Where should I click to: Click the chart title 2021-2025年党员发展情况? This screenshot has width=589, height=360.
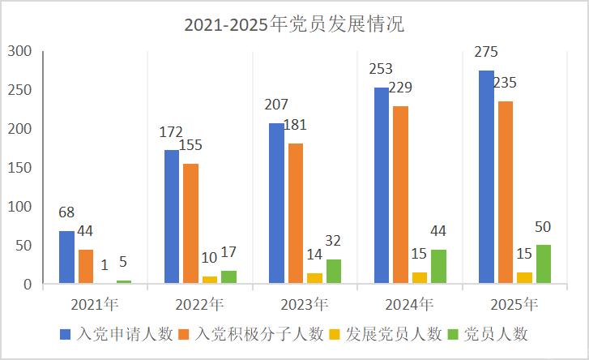294,24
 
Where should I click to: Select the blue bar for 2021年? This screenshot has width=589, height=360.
66,258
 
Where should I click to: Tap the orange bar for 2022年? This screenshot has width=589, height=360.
190,224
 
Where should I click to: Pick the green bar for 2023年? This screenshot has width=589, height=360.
334,272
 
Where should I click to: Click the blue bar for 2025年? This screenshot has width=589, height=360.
486,178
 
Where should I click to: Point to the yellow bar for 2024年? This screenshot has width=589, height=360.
420,278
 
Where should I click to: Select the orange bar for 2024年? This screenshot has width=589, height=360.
400,195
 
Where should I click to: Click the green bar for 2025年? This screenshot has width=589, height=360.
544,264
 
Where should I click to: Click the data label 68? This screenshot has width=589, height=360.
66,213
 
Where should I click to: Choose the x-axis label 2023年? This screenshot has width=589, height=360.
305,305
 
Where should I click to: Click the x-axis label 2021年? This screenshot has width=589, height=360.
95,305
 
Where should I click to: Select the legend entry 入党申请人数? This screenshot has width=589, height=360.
117,334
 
